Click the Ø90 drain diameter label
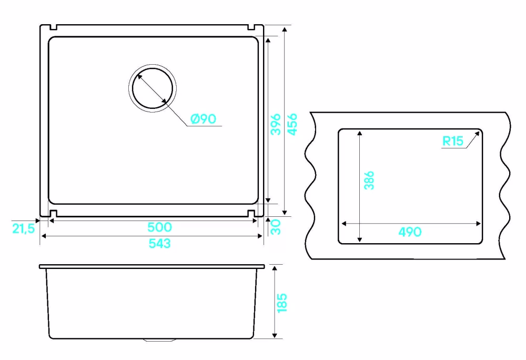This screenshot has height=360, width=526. (x=203, y=119)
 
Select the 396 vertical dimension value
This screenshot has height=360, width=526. (x=276, y=124)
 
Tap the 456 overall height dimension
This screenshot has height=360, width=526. (x=292, y=124)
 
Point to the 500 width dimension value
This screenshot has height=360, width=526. (x=160, y=227)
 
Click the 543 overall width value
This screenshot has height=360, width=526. (x=160, y=243)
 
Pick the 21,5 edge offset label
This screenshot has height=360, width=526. (x=24, y=228)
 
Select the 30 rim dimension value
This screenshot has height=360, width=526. (x=276, y=227)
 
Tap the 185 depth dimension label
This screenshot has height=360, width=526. (x=282, y=303)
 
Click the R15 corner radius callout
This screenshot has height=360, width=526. (x=453, y=141)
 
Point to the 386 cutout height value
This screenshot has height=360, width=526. (x=369, y=180)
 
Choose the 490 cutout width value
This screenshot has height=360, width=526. (x=410, y=232)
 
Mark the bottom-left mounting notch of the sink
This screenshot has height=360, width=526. (x=53, y=213)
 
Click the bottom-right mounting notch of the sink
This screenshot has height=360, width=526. (x=251, y=213)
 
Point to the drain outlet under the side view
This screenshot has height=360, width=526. (x=160, y=340)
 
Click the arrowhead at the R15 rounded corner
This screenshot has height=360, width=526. (x=478, y=134)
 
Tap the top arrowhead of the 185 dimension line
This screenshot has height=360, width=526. (x=275, y=268)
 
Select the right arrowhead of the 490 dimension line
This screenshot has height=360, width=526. (x=479, y=224)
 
